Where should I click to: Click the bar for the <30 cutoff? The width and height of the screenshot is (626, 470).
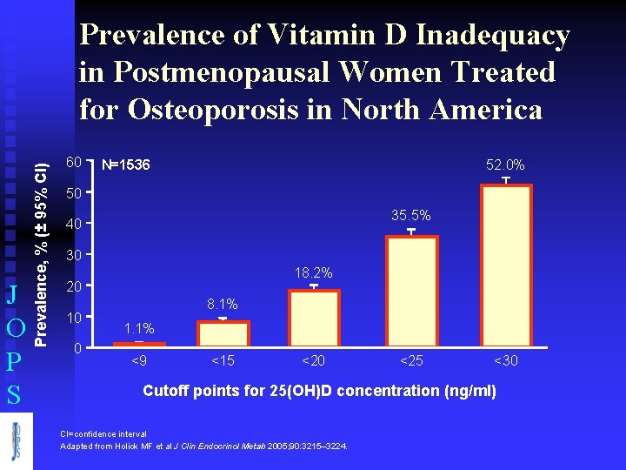coord(505,266)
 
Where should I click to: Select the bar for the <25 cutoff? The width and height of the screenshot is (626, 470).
coord(411,292)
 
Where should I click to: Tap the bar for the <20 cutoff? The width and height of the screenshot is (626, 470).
coord(314,319)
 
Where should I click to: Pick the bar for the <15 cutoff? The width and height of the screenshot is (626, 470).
coord(223,334)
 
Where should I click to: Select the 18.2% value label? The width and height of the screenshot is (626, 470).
coord(314,273)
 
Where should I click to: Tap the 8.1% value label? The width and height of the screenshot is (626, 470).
coord(223,305)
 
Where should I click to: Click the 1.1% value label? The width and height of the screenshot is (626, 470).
coord(139,328)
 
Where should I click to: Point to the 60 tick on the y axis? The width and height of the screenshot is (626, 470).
coord(74,163)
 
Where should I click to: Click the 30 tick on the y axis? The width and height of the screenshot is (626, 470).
coord(74,256)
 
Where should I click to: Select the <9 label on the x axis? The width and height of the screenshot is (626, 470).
coord(139,360)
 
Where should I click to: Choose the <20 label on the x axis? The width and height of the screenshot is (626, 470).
coord(314,360)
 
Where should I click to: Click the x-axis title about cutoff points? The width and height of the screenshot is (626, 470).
coord(319,391)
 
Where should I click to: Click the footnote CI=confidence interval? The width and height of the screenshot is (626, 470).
coord(103,433)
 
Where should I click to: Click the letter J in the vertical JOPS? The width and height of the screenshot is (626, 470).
coord(13,293)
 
